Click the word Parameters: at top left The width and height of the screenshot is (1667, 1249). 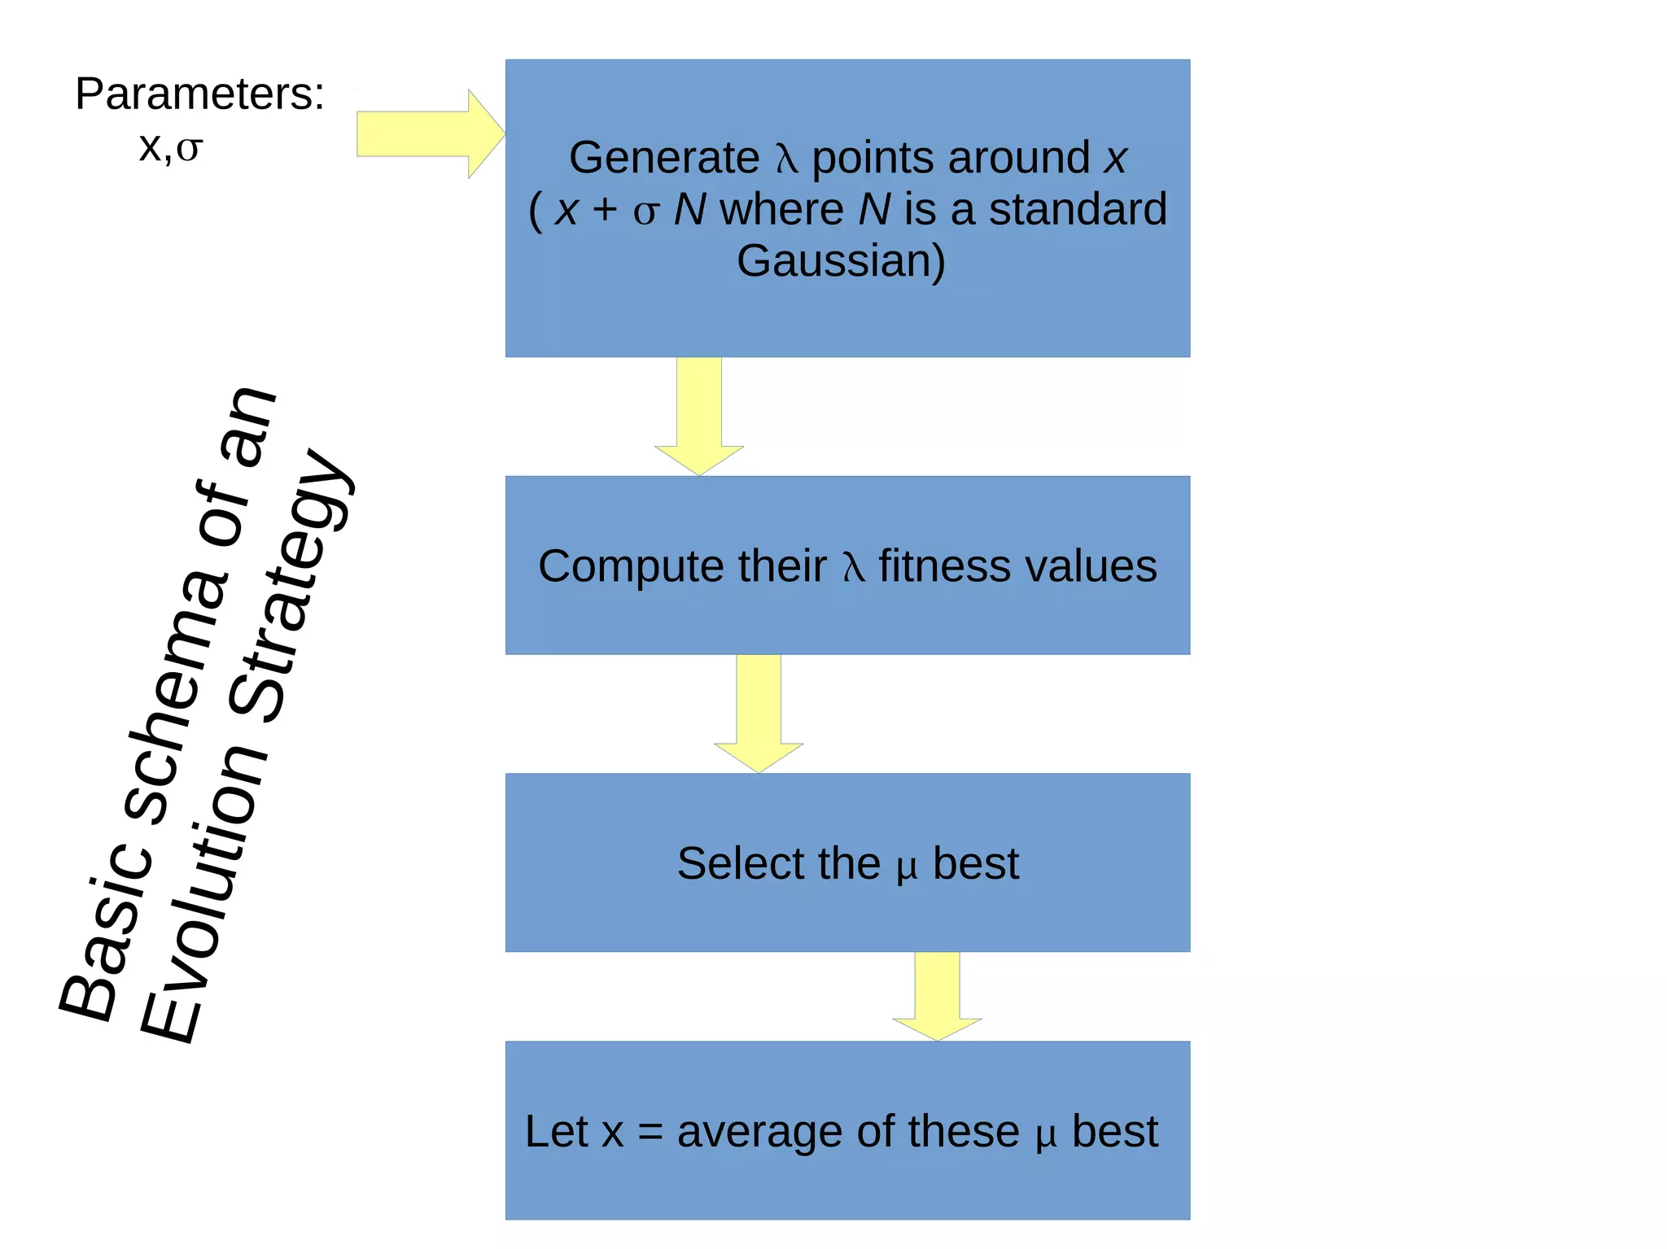[x=199, y=94]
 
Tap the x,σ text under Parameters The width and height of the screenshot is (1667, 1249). [x=170, y=147]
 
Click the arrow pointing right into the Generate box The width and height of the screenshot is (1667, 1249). [x=431, y=134]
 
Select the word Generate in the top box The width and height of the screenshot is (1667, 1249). [x=663, y=158]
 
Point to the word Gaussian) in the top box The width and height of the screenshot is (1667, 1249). [x=841, y=261]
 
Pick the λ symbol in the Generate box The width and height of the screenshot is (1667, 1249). [x=785, y=159]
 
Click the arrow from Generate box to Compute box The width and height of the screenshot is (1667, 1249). [x=699, y=415]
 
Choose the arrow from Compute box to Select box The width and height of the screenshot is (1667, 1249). [x=759, y=713]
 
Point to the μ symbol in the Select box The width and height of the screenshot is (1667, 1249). [x=906, y=867]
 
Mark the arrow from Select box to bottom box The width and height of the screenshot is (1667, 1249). [x=937, y=996]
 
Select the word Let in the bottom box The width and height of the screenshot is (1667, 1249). [x=556, y=1132]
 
